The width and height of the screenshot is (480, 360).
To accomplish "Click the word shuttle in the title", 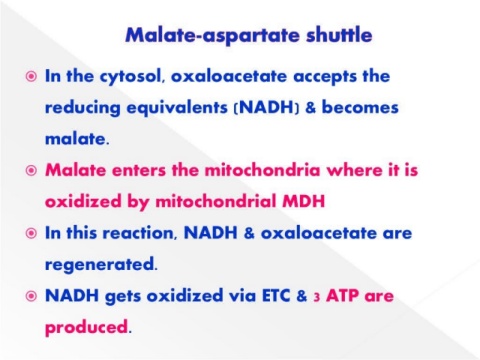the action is coord(339,35).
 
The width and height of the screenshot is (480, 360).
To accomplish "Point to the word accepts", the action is coord(325,77).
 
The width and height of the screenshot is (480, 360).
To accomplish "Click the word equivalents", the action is coord(177,109).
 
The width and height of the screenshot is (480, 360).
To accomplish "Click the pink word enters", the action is coord(139,171).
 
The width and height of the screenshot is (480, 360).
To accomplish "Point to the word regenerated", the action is coord(101,265).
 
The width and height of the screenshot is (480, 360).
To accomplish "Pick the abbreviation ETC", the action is coord(276,296).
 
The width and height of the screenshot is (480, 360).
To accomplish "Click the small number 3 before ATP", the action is coord(317,297).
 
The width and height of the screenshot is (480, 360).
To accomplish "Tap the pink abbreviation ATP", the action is coord(342,296).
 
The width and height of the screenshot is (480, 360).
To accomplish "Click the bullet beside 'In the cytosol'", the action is coord(31,77).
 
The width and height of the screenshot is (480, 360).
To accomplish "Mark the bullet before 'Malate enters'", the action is coord(31,171).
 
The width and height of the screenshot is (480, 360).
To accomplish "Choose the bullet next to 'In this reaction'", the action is coord(31,233).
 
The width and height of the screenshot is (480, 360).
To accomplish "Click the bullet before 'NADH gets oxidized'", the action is coord(31,296).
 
